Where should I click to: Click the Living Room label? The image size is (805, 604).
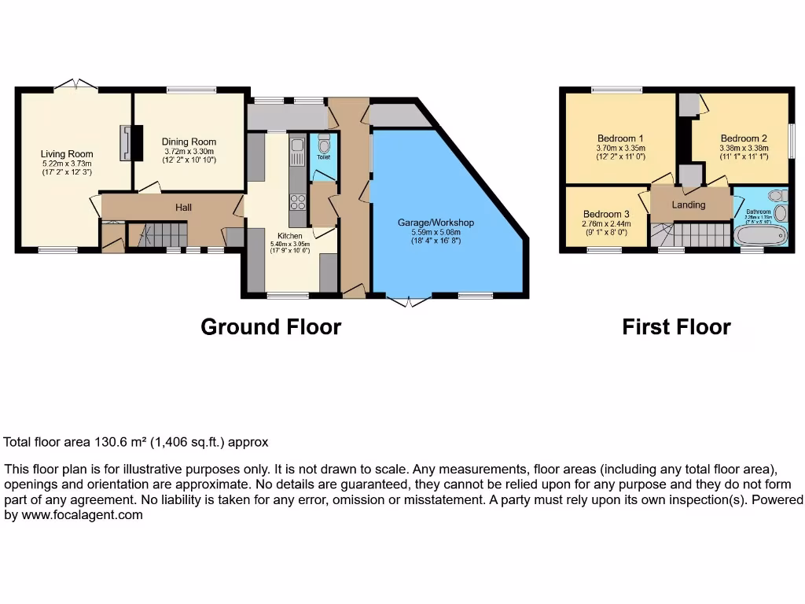coord(67,154)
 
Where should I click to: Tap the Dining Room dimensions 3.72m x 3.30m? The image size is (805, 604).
coord(189,151)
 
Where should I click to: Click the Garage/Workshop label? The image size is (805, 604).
coord(435,223)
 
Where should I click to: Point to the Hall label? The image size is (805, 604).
coord(182,208)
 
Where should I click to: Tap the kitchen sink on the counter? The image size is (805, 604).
coord(297,153)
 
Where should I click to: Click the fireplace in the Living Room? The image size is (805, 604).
coord(127,142)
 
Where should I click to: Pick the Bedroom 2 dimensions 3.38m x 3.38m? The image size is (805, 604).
coord(743,147)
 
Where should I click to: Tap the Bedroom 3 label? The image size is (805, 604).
coord(606,214)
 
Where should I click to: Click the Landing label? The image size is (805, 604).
coord(688,204)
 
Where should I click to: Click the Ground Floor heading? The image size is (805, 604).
coord(270,326)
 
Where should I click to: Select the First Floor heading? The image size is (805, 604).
coord(676,326)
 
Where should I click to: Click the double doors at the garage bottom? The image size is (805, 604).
coord(409,301)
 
